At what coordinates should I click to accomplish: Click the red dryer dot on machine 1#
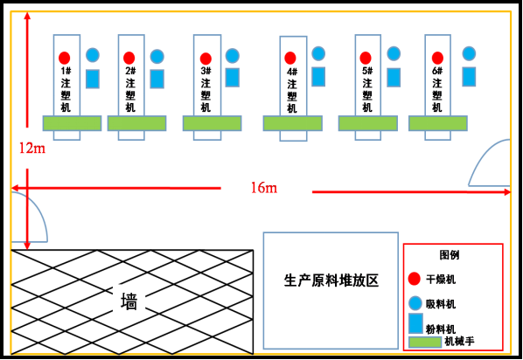tap(65, 58)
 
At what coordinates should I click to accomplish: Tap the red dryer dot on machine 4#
tap(290, 59)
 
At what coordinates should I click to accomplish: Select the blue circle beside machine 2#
tap(157, 56)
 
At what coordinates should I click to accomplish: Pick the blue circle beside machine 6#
tap(469, 53)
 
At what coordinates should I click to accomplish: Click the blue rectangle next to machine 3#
tap(232, 78)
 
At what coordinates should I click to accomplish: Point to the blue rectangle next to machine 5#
tap(394, 77)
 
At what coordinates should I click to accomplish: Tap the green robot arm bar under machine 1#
tap(72, 123)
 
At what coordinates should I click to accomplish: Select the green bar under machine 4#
tap(292, 123)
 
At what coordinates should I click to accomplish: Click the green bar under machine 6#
tap(437, 123)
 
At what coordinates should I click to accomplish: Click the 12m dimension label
tap(31, 149)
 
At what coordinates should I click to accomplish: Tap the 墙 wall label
tap(129, 301)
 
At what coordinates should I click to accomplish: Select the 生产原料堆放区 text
tap(331, 280)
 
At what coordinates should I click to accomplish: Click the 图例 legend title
tap(450, 255)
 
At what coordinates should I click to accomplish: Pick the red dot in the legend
tap(415, 279)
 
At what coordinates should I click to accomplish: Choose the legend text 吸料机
tap(441, 304)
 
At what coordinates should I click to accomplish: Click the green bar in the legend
tap(425, 342)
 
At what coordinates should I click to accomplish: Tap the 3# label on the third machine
tap(206, 71)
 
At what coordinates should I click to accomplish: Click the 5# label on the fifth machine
tap(366, 71)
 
